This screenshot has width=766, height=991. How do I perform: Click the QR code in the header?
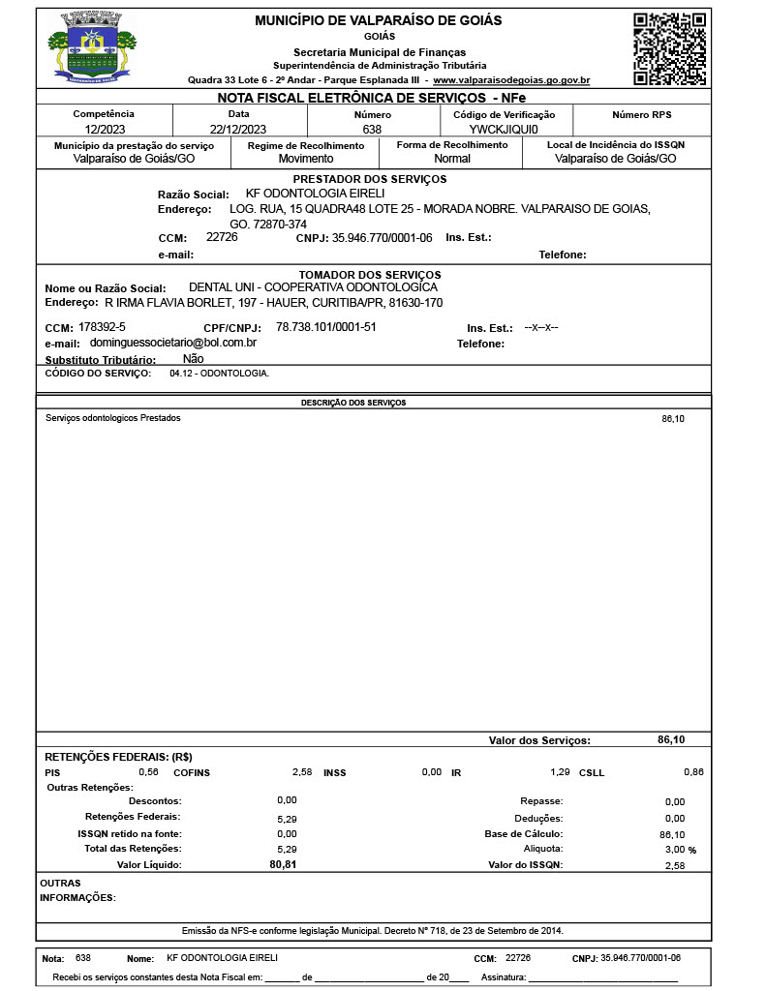[668, 49]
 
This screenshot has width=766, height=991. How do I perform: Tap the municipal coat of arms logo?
[93, 47]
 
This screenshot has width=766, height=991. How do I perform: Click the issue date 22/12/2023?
[237, 129]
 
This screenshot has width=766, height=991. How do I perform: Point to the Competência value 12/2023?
[105, 129]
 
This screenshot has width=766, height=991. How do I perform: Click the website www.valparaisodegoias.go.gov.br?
[511, 80]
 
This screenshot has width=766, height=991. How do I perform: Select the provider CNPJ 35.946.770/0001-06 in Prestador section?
[382, 237]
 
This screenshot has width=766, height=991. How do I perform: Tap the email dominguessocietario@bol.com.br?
[172, 343]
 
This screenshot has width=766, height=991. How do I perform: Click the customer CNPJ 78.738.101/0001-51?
[325, 327]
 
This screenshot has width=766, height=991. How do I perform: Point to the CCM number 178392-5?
[102, 327]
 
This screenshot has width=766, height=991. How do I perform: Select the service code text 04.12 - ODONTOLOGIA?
[219, 373]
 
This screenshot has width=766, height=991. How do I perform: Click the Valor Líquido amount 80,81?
[283, 864]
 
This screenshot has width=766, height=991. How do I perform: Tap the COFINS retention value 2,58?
[302, 772]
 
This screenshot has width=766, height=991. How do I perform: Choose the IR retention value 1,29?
[560, 772]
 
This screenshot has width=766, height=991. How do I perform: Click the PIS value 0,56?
[148, 772]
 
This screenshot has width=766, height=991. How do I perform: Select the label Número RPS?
[641, 114]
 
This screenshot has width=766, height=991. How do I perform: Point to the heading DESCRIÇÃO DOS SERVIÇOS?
[353, 403]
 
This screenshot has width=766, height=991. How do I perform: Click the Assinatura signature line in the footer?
[602, 977]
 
